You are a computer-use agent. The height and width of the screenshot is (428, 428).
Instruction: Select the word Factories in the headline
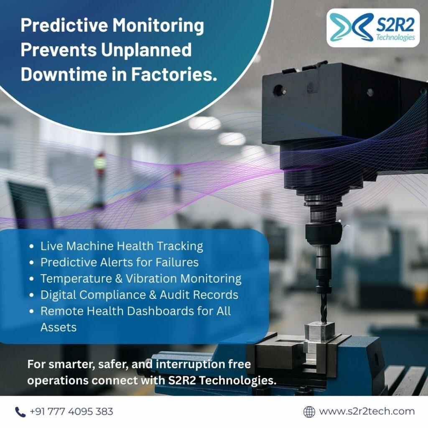(x=174, y=74)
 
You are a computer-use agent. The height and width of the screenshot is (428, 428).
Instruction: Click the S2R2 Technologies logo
(x=373, y=28)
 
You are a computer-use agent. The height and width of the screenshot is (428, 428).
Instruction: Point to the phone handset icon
(x=20, y=412)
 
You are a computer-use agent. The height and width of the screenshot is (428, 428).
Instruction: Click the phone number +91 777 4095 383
(x=71, y=411)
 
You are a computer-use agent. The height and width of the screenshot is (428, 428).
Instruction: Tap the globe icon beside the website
(x=309, y=412)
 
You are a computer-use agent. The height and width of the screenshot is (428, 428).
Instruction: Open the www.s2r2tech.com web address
(x=367, y=411)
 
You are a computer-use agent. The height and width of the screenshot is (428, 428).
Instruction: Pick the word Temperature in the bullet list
(x=76, y=279)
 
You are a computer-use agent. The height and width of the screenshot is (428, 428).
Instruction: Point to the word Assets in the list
(x=59, y=327)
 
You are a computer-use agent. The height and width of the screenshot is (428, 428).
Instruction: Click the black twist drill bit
(x=324, y=307)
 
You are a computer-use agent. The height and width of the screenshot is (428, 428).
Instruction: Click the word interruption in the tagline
(x=190, y=364)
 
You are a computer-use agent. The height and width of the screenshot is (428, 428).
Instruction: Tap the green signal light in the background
(x=100, y=163)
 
